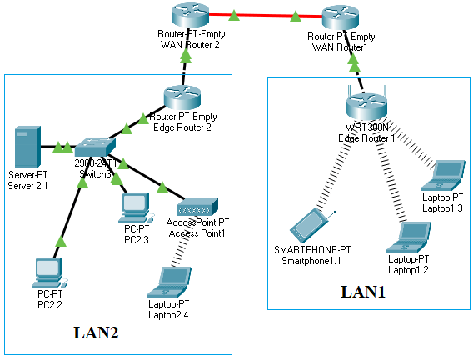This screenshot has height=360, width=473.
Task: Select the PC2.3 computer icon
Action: click(x=134, y=204)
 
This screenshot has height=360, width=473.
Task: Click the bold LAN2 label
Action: click(x=96, y=332)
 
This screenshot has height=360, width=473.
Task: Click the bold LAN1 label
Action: click(x=364, y=292)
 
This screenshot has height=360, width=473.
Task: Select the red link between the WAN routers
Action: click(x=262, y=15)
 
